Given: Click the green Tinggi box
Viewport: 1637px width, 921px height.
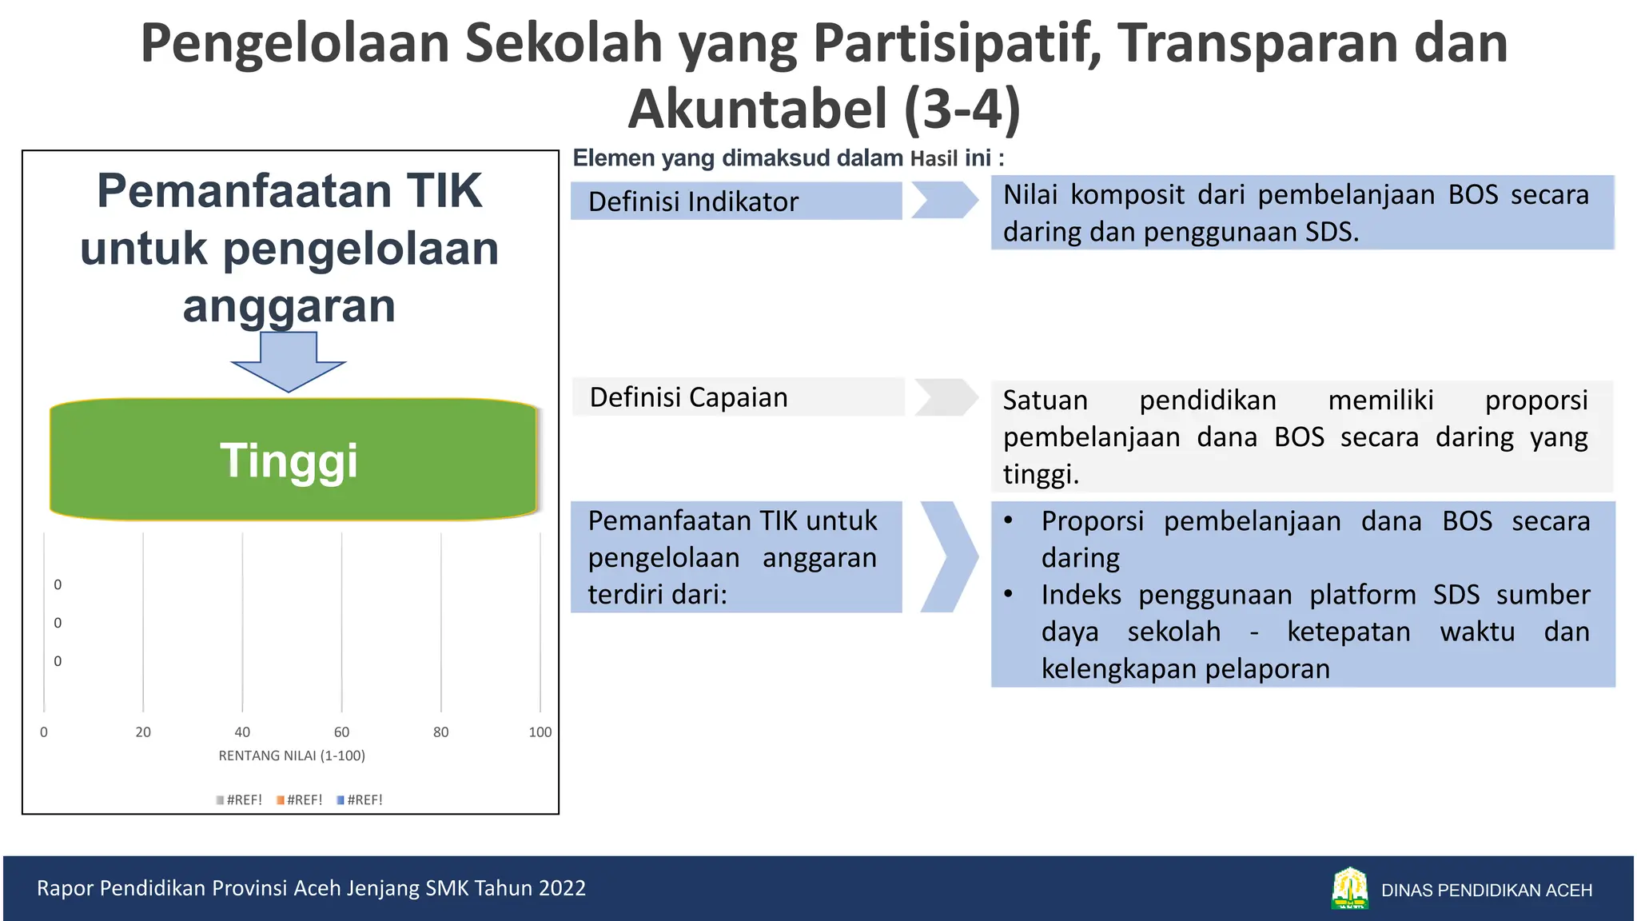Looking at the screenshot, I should tap(293, 460).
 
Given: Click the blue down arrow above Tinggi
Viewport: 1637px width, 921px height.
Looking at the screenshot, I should tap(289, 361).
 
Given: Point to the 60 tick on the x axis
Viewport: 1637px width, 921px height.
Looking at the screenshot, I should tap(341, 732).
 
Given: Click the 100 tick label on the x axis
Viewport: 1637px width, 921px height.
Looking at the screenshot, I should tap(540, 732).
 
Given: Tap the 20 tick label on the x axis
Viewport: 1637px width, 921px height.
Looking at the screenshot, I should tap(143, 732).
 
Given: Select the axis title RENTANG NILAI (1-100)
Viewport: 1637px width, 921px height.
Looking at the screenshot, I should tap(292, 756).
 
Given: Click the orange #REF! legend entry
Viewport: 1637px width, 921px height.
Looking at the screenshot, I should tap(300, 799).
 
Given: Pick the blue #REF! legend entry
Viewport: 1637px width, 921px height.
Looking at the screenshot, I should tap(360, 799).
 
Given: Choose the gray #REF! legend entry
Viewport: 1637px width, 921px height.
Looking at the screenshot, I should tap(239, 799).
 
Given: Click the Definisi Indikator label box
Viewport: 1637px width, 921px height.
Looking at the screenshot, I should tap(735, 201).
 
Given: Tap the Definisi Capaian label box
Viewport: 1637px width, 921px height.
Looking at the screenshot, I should tap(737, 397).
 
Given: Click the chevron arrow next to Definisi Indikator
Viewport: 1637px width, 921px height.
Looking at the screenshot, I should tap(945, 200).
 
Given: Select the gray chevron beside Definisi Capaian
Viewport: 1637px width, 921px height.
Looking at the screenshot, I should tap(946, 397).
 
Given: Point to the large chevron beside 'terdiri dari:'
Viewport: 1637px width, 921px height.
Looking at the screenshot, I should tap(949, 556).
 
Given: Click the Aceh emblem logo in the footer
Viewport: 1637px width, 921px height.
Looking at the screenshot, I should tap(1350, 888).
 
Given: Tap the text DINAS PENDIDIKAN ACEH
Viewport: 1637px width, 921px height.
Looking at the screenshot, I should tap(1486, 890).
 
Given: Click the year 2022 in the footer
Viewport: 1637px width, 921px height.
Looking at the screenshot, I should tap(562, 888).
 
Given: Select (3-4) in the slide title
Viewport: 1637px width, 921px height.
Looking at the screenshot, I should tap(962, 109).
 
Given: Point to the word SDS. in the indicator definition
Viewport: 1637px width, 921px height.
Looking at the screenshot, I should tap(1332, 232).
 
